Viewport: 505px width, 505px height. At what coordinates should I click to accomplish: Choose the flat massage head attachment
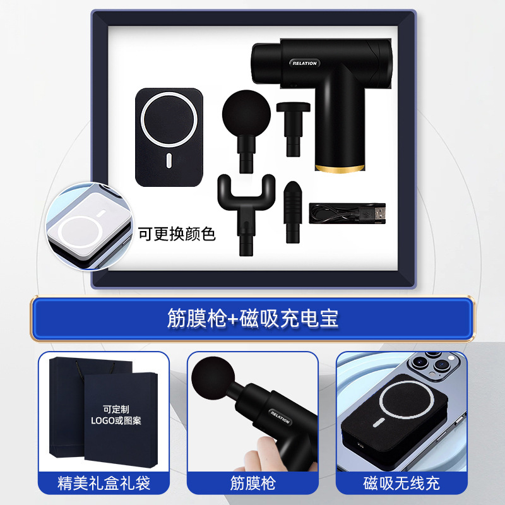(x=291, y=126)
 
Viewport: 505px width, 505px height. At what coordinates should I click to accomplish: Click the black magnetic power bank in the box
(x=170, y=137)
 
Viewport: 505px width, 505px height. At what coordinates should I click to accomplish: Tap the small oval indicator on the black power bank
(x=169, y=161)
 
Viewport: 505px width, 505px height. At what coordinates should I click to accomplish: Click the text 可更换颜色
(x=177, y=234)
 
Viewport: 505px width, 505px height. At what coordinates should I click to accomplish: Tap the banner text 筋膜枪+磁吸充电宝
(x=252, y=318)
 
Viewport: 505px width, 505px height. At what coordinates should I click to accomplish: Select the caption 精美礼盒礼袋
(x=104, y=484)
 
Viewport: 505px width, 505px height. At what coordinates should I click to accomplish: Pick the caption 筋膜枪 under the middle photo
(x=252, y=484)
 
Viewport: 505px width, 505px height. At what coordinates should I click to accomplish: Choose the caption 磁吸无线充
(x=401, y=484)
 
